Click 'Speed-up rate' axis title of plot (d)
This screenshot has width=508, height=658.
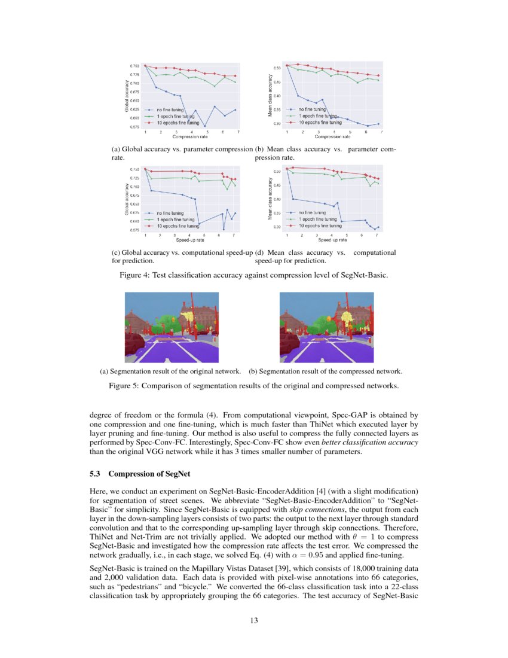tap(332, 240)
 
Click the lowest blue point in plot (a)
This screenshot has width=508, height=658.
tap(206, 126)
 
